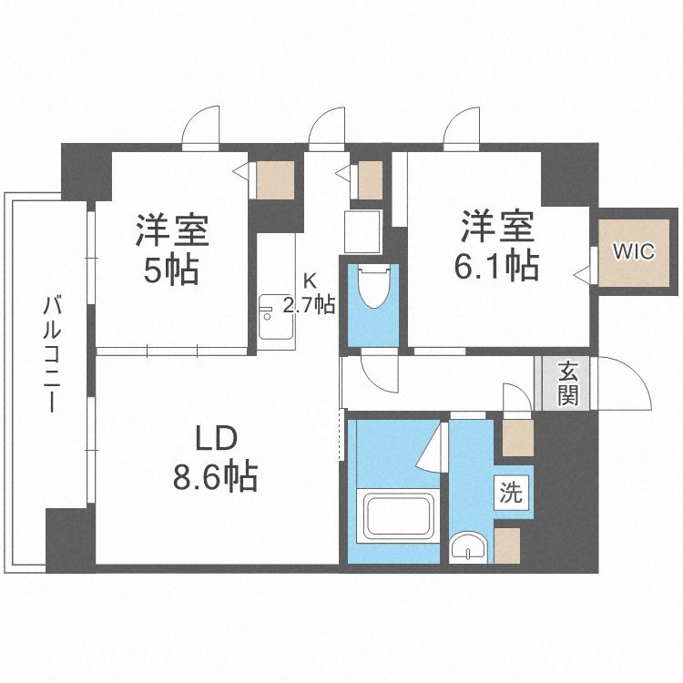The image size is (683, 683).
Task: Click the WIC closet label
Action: [x=633, y=252]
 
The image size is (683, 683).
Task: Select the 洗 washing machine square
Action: [x=511, y=494]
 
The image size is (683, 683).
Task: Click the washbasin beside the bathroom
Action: [x=468, y=546]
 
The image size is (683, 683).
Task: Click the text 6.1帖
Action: [x=496, y=265]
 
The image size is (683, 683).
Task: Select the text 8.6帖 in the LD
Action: [x=215, y=476]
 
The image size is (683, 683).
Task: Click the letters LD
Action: [x=215, y=439]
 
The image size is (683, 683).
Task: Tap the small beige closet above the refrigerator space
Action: [x=369, y=179]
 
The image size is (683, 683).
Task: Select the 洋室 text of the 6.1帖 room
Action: [x=496, y=227]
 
